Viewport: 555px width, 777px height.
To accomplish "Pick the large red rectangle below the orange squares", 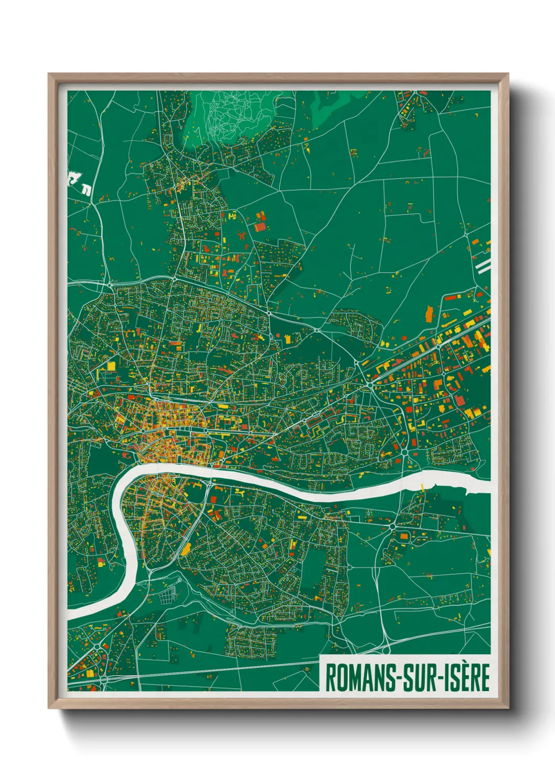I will tap(260, 227).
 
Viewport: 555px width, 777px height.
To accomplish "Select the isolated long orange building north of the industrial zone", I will tap(429, 314).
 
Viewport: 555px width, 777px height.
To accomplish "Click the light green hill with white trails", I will tap(231, 115).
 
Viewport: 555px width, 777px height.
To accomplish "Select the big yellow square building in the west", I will tap(111, 366).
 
